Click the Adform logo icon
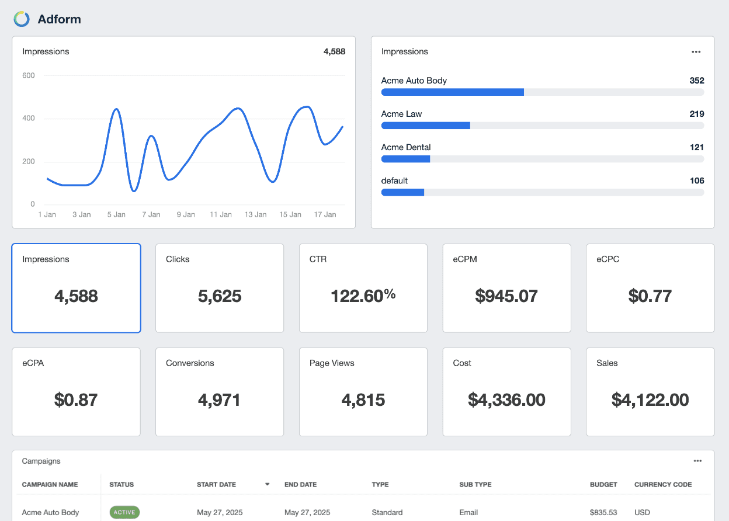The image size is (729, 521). click(22, 19)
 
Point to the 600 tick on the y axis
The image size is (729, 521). click(29, 75)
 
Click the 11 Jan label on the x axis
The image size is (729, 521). click(221, 215)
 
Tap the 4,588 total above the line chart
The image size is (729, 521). click(334, 51)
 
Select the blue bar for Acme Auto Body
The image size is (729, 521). click(452, 92)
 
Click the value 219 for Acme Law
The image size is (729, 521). click(696, 114)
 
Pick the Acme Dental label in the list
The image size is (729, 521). click(406, 147)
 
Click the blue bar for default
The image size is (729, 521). click(402, 192)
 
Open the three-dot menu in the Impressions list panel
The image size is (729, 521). click(696, 51)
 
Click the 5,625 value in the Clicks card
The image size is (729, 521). click(220, 296)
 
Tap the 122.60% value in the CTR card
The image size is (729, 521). click(363, 296)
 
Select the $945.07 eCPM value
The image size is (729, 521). click(506, 296)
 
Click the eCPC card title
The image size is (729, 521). click(607, 259)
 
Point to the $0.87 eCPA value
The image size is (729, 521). click(76, 400)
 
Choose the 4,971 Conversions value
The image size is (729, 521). click(220, 400)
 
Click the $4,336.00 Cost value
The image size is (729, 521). click(506, 400)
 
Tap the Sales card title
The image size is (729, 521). click(607, 363)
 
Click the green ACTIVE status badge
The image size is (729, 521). click(124, 512)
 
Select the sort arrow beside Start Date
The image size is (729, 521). click(268, 484)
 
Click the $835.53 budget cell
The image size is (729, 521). click(603, 512)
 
